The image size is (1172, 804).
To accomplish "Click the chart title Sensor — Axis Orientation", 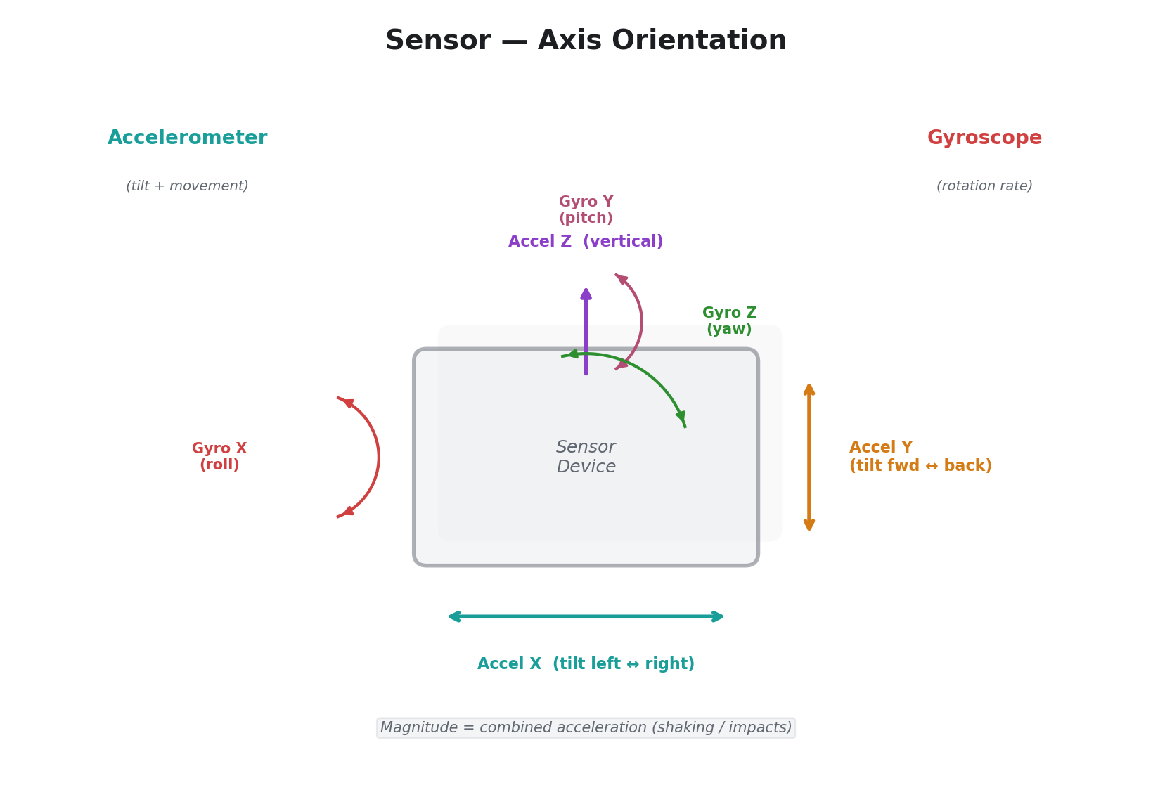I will click(586, 41).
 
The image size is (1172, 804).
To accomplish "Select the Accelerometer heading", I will click(187, 138).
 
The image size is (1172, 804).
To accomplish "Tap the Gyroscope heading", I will click(984, 138).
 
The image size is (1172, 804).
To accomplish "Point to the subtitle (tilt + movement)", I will click(187, 186).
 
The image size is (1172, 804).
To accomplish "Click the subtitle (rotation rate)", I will click(984, 186).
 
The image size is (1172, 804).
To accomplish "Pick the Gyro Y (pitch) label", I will click(586, 210).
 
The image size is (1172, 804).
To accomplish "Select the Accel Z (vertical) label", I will click(586, 242).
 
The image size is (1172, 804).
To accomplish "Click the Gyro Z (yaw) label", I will click(729, 321).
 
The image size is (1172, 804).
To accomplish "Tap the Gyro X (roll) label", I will click(219, 457).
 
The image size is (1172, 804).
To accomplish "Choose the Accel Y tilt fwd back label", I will click(920, 457).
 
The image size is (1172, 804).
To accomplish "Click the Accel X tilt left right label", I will click(586, 664).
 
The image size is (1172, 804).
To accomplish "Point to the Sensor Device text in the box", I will click(586, 457).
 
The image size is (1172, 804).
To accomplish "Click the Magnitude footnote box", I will click(586, 728).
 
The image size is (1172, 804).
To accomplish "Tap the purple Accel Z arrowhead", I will click(586, 293).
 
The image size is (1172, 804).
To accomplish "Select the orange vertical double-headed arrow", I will click(809, 457).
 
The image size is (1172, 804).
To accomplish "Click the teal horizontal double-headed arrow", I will click(586, 616).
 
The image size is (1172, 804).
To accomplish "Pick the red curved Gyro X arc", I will click(378, 457).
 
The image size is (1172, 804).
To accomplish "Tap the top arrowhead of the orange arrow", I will click(809, 389).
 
